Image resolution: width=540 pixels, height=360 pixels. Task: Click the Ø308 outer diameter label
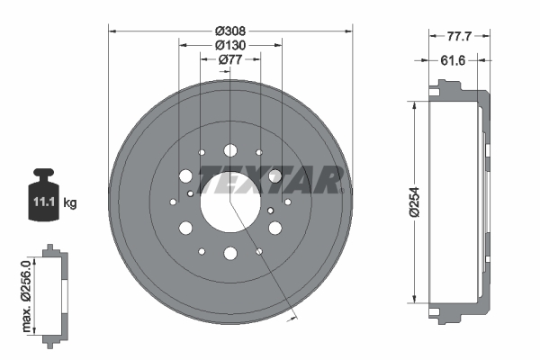click(229, 30)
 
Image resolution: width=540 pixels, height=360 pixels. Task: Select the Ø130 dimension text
click(229, 45)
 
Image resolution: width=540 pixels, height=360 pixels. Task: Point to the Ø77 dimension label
click(229, 60)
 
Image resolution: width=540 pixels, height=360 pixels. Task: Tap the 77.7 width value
click(460, 38)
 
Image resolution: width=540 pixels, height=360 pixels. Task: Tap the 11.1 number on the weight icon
click(44, 203)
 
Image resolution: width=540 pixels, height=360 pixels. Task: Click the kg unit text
click(70, 203)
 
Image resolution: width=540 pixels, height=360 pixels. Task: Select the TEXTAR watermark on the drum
click(270, 180)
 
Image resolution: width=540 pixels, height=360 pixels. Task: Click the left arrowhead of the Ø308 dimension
click(112, 30)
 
